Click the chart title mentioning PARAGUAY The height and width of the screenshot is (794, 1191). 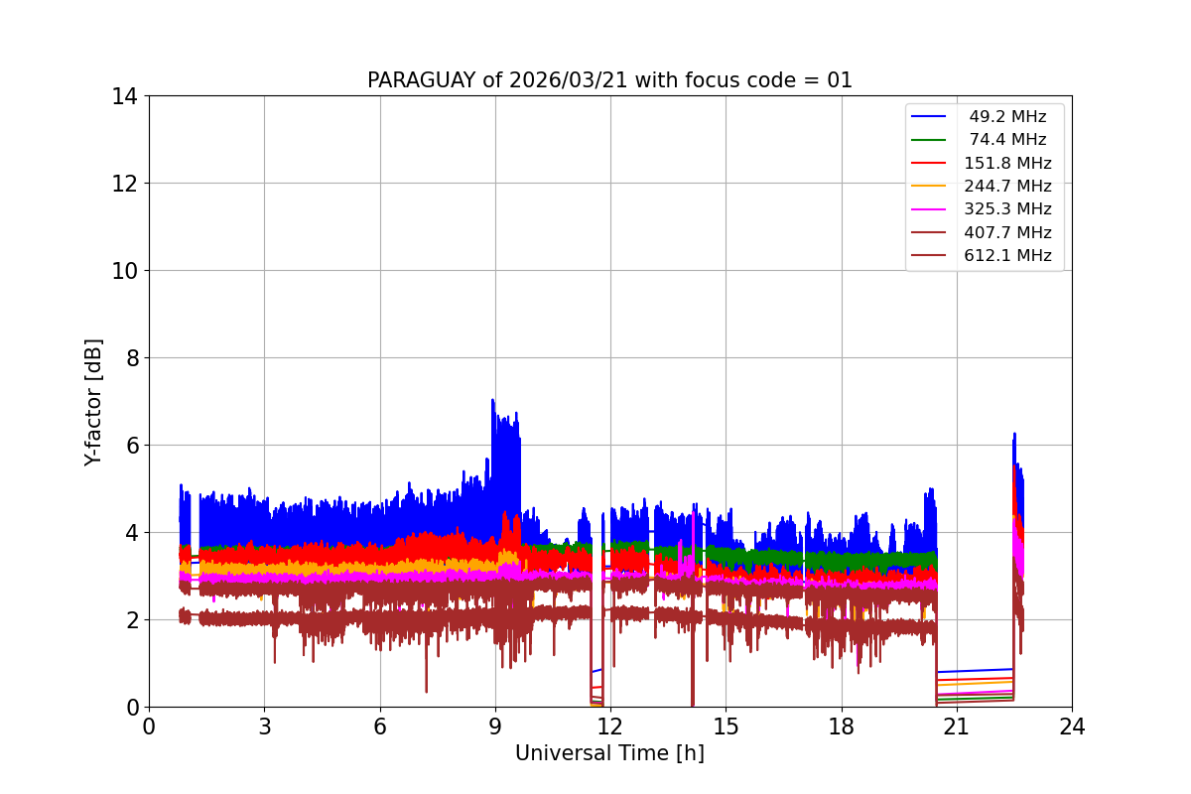click(x=609, y=80)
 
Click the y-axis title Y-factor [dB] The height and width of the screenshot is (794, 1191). click(x=93, y=401)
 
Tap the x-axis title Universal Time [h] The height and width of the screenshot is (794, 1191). click(x=609, y=753)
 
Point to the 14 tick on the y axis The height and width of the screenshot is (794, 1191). click(x=125, y=96)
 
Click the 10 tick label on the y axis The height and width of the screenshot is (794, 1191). click(x=125, y=271)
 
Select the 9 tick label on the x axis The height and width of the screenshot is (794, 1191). click(x=495, y=727)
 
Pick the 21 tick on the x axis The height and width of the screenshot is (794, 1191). click(x=956, y=727)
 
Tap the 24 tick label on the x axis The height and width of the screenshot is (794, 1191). click(x=1072, y=727)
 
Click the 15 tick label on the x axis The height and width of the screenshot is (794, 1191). click(x=726, y=727)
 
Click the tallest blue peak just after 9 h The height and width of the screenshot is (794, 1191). click(x=492, y=400)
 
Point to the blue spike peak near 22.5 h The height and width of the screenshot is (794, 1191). click(x=1014, y=434)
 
